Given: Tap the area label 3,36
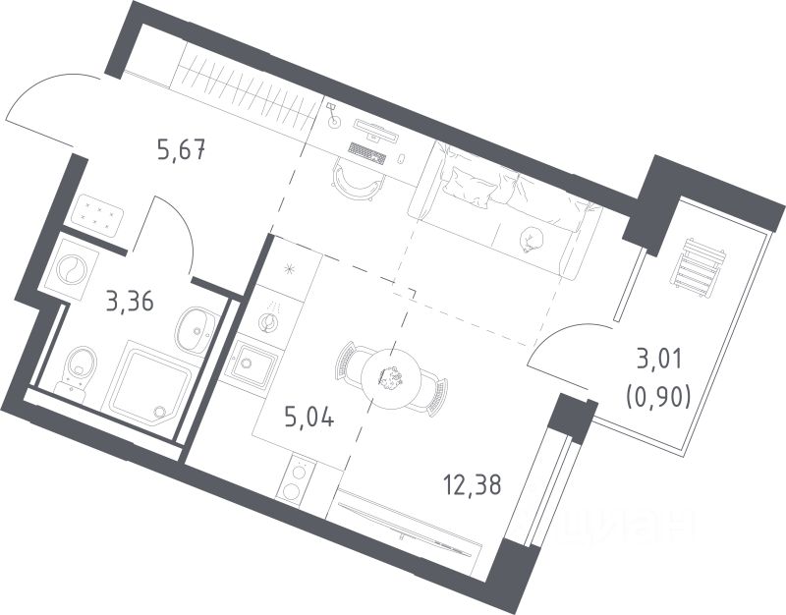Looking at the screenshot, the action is pos(130,301).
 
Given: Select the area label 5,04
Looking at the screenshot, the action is pos(310,419).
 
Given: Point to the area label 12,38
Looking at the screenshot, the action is pos(477,482).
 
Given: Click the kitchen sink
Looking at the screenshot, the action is pos(251,367).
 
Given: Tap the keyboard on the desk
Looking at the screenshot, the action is pos(367,154).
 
